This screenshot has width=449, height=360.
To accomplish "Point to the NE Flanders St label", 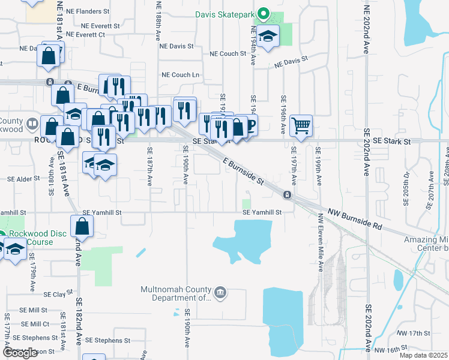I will tap(88, 11).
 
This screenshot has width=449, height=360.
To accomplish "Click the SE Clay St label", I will tap(55, 295).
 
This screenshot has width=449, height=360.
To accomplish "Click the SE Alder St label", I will tap(23, 179).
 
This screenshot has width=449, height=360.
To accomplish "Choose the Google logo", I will tap(19, 353).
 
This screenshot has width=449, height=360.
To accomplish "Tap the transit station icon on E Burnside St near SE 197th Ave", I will tap(288, 194).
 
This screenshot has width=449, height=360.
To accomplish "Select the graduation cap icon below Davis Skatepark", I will tap(268, 38).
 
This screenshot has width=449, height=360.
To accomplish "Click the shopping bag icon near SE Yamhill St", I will tap(82, 227).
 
